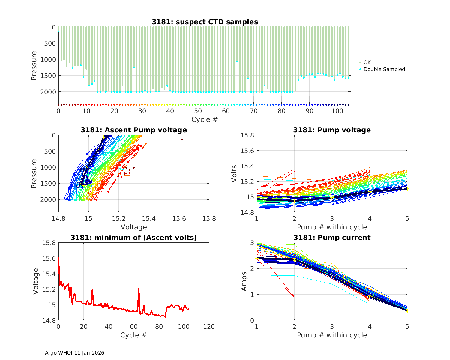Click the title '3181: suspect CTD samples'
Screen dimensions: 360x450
click(x=205, y=22)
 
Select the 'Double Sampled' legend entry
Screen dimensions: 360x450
click(x=384, y=69)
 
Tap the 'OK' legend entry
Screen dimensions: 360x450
click(x=367, y=62)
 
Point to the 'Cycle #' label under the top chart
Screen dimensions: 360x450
click(x=205, y=119)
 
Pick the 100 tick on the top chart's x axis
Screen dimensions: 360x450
click(x=337, y=111)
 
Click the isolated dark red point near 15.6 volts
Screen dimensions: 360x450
click(x=182, y=139)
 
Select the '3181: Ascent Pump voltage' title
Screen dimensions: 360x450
click(x=133, y=130)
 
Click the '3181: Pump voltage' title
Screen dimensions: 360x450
click(x=332, y=130)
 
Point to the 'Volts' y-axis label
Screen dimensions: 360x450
click(x=234, y=174)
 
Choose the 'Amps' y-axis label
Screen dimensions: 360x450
click(x=244, y=281)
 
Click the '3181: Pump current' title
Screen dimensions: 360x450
click(x=332, y=238)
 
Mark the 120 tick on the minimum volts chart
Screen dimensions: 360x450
click(x=209, y=326)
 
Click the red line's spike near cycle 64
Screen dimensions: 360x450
click(x=139, y=289)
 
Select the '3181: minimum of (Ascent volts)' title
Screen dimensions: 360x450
click(x=133, y=238)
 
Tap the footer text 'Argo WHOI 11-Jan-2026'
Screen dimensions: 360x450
click(x=74, y=353)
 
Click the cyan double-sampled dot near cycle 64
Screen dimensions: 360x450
click(x=237, y=61)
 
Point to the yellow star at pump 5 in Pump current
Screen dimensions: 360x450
click(x=407, y=310)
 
